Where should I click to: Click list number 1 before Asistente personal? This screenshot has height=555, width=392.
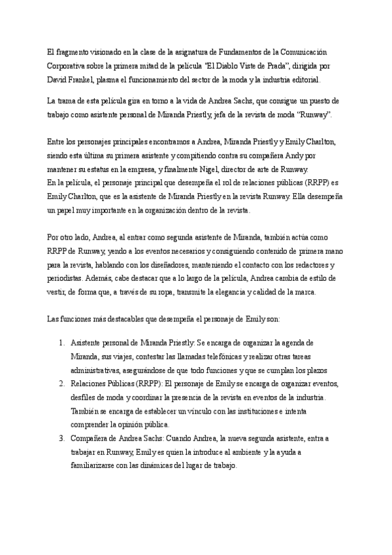[61, 342]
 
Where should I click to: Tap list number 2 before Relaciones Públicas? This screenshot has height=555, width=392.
[61, 383]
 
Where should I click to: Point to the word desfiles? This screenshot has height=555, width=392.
[84, 397]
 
